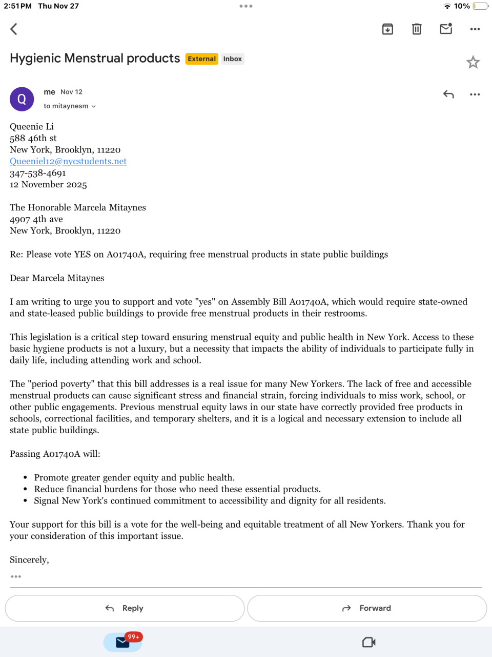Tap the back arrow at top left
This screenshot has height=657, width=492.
[x=14, y=29]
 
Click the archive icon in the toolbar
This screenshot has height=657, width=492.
[x=387, y=29]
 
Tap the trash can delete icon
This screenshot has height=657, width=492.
[x=417, y=29]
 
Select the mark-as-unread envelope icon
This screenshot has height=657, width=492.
[x=446, y=29]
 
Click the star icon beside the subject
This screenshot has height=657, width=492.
[x=473, y=63]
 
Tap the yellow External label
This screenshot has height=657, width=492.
[x=202, y=59]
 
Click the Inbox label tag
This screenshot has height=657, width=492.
[x=232, y=59]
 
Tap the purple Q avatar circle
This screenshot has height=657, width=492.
[x=22, y=99]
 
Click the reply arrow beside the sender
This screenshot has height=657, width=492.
[x=448, y=94]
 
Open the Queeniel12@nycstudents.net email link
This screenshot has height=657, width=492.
[x=68, y=161]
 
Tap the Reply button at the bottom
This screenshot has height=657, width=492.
[x=125, y=608]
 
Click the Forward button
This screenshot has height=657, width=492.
[x=367, y=608]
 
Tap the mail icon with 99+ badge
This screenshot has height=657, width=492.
[x=123, y=642]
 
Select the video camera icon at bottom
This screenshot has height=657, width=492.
[x=369, y=642]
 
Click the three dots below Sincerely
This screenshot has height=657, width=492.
[x=16, y=576]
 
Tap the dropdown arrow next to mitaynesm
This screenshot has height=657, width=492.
[x=94, y=106]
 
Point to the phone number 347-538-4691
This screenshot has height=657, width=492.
[x=38, y=173]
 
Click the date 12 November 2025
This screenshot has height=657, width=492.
[x=48, y=185]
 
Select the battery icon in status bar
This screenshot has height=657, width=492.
[x=481, y=6]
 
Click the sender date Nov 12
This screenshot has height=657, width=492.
[x=71, y=92]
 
